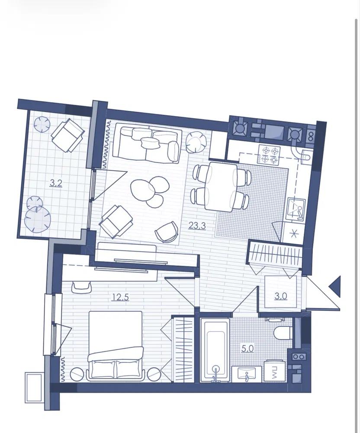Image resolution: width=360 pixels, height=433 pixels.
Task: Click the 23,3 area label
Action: (197, 226)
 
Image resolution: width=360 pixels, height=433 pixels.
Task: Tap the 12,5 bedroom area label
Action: (121, 297)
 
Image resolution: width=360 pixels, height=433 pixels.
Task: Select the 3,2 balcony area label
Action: (56, 183)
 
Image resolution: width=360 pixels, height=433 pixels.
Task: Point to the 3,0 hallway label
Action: (281, 296)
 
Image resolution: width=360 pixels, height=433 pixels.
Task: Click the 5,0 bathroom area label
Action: (247, 349)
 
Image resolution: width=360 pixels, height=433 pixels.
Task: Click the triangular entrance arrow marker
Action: (334, 286)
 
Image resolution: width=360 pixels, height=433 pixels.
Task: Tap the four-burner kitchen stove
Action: (269, 155)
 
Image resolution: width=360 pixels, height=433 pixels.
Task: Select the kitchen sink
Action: (296, 209)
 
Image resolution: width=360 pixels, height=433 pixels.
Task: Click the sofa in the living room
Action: (148, 143)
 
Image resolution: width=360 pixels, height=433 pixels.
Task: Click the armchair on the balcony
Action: (68, 135)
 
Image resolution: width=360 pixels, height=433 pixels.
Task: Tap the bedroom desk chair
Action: (81, 287)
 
